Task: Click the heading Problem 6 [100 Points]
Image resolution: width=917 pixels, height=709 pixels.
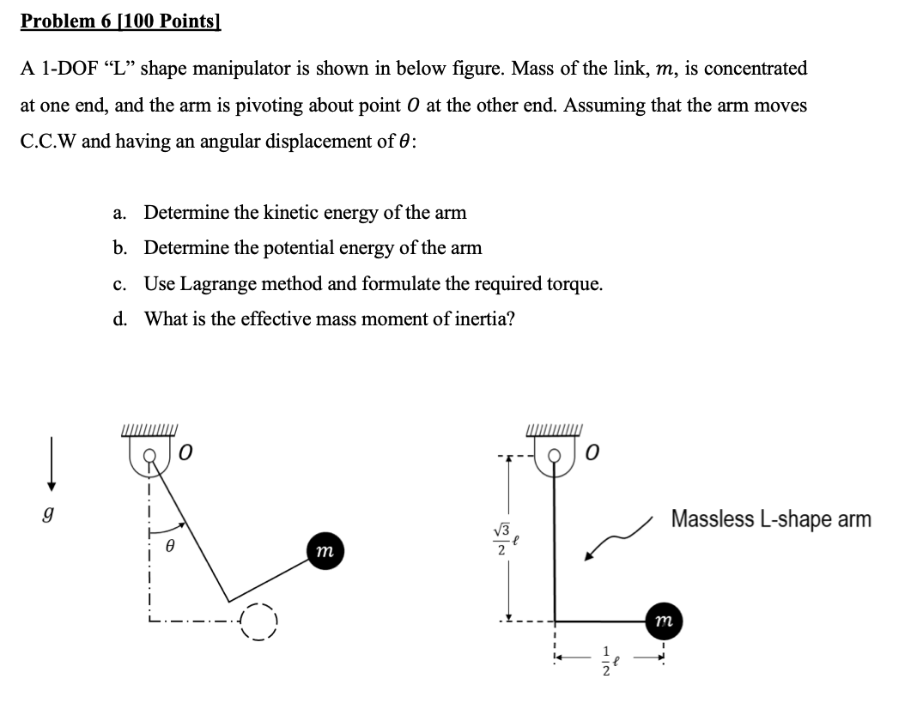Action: pos(121,21)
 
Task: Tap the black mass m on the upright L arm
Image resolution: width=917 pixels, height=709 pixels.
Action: pos(660,621)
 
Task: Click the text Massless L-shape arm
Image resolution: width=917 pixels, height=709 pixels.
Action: pos(770,519)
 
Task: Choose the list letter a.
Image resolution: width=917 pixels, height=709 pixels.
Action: pos(119,213)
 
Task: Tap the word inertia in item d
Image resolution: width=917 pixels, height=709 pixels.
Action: pos(484,319)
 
